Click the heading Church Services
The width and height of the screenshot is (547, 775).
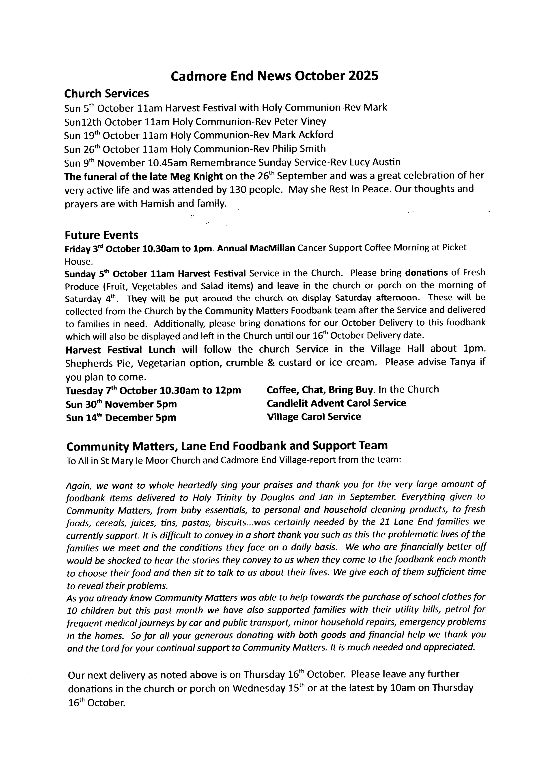107,94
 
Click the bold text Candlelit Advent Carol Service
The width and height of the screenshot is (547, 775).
336,403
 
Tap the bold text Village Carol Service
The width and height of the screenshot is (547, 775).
314,417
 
